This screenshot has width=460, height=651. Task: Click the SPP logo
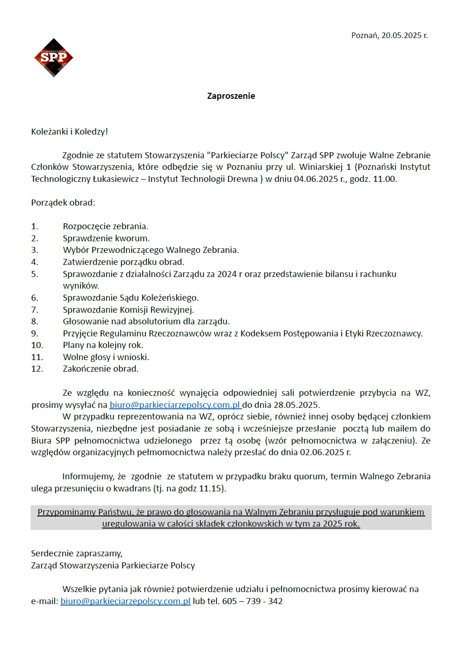pos(53,58)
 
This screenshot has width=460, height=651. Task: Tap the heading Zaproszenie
pos(231,96)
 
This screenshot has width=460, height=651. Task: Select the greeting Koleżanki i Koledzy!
pos(70,132)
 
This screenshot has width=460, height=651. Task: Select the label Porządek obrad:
pos(63,203)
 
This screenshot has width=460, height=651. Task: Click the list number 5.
pos(35,274)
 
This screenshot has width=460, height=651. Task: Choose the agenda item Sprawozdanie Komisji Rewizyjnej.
pos(128,310)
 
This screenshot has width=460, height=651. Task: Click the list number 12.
pos(37,369)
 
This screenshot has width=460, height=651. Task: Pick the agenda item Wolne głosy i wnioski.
pos(106,357)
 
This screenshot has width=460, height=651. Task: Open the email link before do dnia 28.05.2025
pos(175,405)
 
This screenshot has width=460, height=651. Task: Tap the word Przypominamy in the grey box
pos(67,512)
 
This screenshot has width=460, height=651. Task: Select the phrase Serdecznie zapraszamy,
pos(77,554)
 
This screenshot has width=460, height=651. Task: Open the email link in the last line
pos(125,601)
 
